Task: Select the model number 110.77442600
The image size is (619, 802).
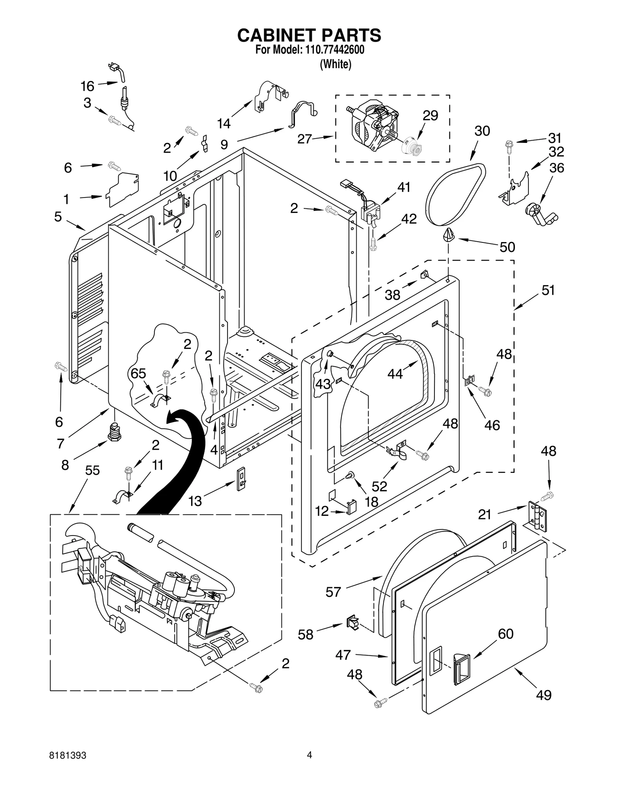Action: tap(332, 50)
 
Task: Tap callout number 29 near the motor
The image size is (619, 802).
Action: tap(430, 115)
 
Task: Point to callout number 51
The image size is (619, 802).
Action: tap(548, 290)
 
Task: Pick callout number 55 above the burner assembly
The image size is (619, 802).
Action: tap(92, 471)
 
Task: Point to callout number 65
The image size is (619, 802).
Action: tap(138, 373)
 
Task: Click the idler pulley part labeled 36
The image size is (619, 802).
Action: tap(539, 215)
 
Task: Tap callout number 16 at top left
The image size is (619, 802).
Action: tap(87, 86)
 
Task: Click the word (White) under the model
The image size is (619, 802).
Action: tap(335, 64)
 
